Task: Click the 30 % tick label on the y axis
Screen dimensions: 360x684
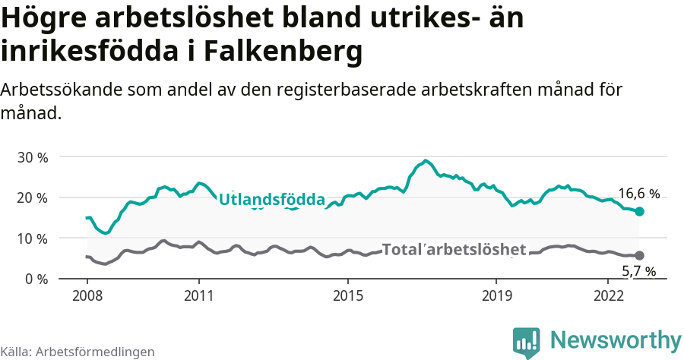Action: tap(33, 157)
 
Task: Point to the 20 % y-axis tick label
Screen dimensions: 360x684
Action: tap(33, 197)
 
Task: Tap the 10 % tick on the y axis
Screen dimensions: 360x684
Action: tap(33, 238)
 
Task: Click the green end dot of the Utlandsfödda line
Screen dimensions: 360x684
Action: tap(639, 211)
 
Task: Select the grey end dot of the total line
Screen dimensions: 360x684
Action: tap(639, 256)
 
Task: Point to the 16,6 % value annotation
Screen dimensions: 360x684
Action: tap(638, 194)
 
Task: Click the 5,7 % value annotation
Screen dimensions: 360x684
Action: tap(638, 271)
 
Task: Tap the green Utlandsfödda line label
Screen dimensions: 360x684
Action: tap(272, 200)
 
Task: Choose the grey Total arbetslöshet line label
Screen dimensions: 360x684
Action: tap(454, 249)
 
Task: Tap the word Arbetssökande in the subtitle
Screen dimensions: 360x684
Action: tap(62, 90)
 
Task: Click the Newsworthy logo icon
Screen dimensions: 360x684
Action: tap(527, 342)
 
